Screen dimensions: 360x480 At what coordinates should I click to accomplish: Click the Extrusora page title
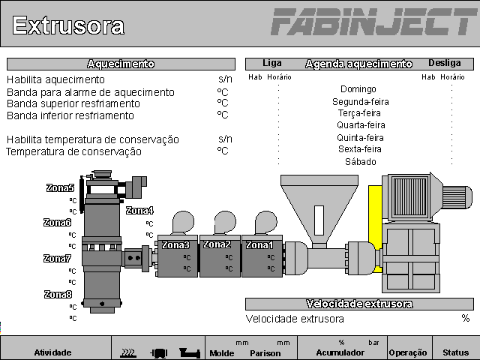68,26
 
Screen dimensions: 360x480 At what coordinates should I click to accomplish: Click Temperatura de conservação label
73,151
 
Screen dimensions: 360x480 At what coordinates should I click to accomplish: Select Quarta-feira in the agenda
360,125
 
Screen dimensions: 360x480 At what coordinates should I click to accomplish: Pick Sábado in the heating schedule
360,161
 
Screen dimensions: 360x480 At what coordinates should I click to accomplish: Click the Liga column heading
272,64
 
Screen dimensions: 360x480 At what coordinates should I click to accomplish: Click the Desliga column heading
445,64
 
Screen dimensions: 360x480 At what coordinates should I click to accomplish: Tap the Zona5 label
60,189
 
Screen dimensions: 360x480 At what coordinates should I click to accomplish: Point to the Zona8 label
58,295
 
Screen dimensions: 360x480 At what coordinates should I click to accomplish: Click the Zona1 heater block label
260,245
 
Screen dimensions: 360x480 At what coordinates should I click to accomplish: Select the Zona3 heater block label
176,245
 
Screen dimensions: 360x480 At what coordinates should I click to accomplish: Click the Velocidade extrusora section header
359,304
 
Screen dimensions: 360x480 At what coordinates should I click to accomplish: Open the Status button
455,352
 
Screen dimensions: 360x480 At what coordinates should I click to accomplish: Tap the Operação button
408,352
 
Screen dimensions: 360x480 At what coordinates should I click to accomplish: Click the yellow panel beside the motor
375,225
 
